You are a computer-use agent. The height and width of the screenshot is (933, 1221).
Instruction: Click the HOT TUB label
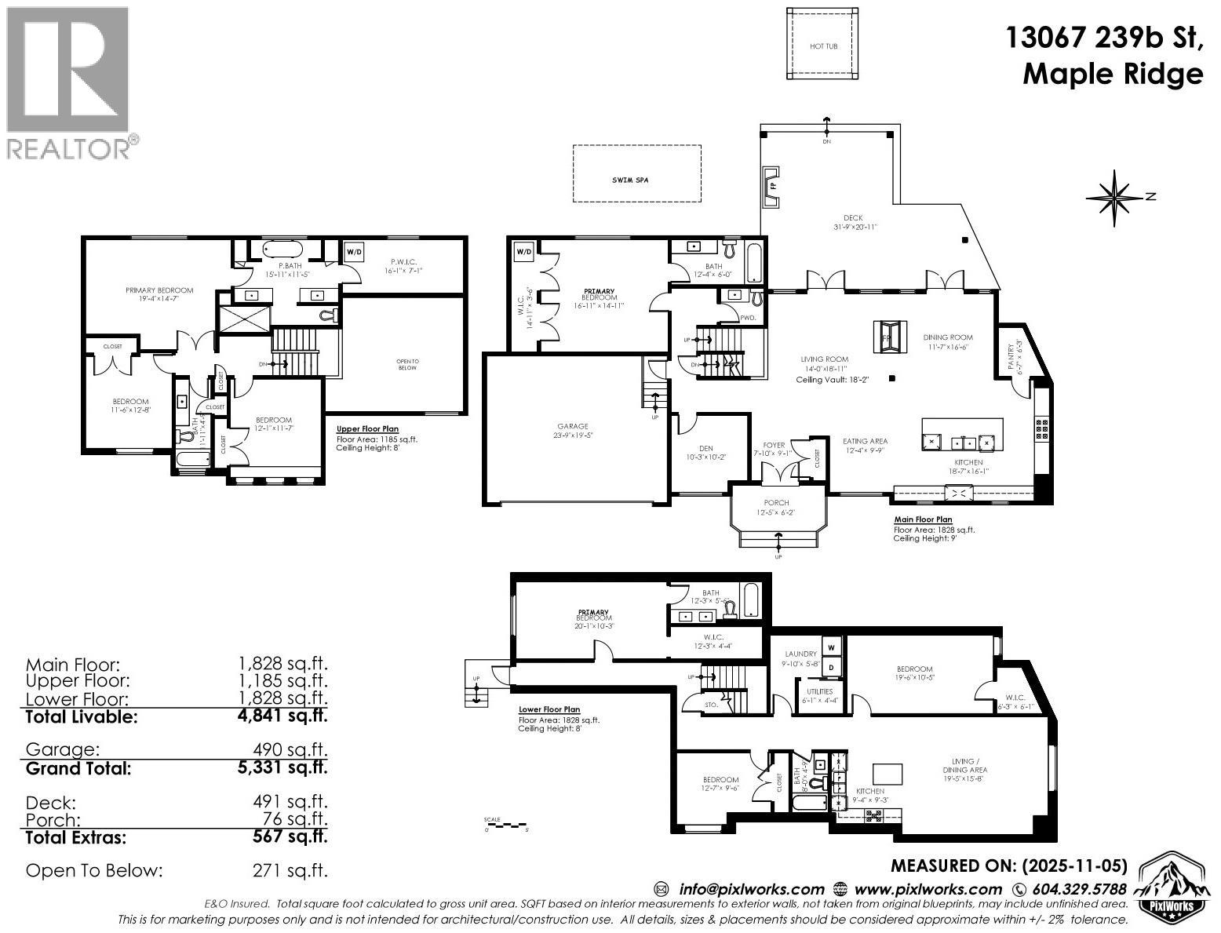point(823,46)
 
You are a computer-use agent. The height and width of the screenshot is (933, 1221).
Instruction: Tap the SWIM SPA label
point(636,180)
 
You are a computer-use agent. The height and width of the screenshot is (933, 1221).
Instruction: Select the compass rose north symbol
point(1114,196)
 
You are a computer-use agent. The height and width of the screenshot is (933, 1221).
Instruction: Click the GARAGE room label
point(573,427)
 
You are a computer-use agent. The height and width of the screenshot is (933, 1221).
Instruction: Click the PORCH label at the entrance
point(776,503)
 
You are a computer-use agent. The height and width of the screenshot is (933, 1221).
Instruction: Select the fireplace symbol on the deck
point(772,187)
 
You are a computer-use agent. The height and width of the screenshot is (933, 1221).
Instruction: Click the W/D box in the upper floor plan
point(354,252)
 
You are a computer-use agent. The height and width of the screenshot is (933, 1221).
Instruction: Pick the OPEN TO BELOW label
point(407,364)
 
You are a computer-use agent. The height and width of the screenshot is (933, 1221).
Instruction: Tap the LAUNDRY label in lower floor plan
point(801,654)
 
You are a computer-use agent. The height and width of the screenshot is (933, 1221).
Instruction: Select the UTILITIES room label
point(815,691)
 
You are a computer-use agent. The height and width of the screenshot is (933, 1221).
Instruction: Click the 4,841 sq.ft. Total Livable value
point(282,716)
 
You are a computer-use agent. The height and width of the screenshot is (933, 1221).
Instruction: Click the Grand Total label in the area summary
point(78,768)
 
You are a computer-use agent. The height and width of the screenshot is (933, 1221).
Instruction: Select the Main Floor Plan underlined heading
point(923,519)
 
